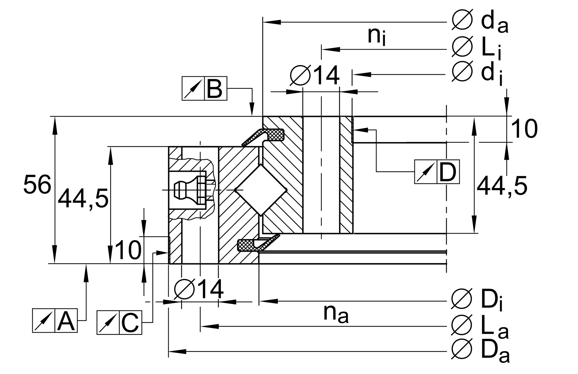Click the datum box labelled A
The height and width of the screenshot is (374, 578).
[x=55, y=321]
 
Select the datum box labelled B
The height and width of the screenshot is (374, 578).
[x=204, y=89]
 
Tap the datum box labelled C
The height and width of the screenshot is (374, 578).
[x=119, y=323]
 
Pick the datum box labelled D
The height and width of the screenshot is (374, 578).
[x=437, y=172]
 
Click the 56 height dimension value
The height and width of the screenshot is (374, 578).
[x=37, y=185]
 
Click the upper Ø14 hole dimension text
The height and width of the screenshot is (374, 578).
[x=315, y=75]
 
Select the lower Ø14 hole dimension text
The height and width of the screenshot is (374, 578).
[x=199, y=289]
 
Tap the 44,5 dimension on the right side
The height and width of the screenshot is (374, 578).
[x=502, y=186]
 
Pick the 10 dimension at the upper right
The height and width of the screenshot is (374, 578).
[x=524, y=129]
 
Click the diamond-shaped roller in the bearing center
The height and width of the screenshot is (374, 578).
[x=260, y=189]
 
